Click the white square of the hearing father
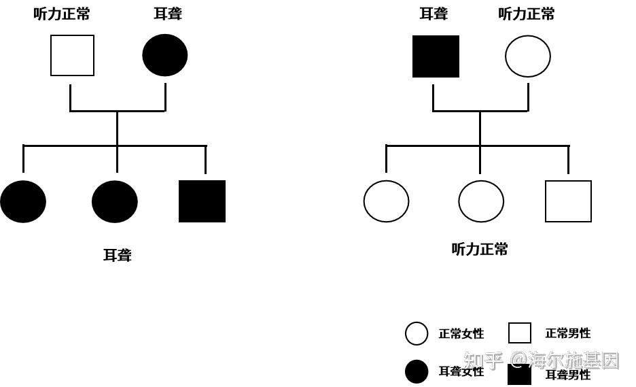pyautogui.click(x=72, y=56)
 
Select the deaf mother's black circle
pyautogui.click(x=165, y=55)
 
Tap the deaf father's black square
pyautogui.click(x=436, y=56)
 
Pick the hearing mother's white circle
pyautogui.click(x=528, y=56)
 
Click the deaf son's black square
pyautogui.click(x=202, y=201)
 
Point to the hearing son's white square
pyautogui.click(x=568, y=201)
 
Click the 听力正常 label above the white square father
pyautogui.click(x=62, y=14)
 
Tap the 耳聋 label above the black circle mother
pyautogui.click(x=167, y=14)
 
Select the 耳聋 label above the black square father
pyautogui.click(x=434, y=14)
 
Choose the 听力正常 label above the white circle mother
pyautogui.click(x=527, y=14)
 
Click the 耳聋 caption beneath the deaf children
pyautogui.click(x=117, y=256)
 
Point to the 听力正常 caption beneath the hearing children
pyautogui.click(x=480, y=250)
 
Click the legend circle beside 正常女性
pyautogui.click(x=417, y=334)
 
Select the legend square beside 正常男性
pyautogui.click(x=520, y=333)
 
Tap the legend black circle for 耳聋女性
pyautogui.click(x=417, y=372)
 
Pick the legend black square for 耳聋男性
pyautogui.click(x=520, y=375)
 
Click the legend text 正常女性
pyautogui.click(x=461, y=334)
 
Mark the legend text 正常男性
pyautogui.click(x=568, y=333)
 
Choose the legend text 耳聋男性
pyautogui.click(x=568, y=375)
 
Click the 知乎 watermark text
pyautogui.click(x=483, y=359)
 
